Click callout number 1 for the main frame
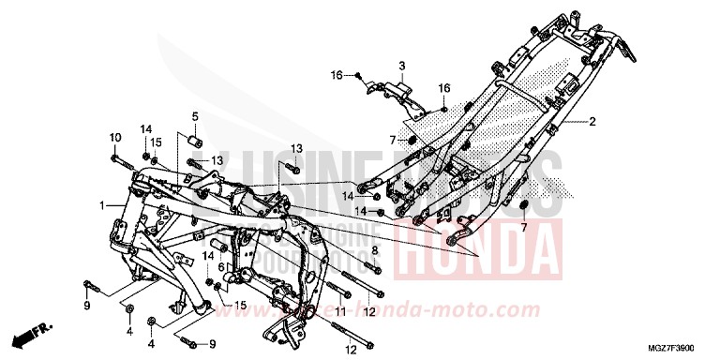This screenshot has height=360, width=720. [x=100, y=204]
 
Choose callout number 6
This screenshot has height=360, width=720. [x=222, y=266]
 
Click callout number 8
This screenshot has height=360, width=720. [x=373, y=251]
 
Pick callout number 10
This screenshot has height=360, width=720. [x=114, y=138]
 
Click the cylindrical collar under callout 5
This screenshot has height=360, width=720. [x=196, y=143]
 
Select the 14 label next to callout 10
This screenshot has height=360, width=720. [x=146, y=128]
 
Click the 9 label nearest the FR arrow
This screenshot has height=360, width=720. [x=85, y=306]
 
